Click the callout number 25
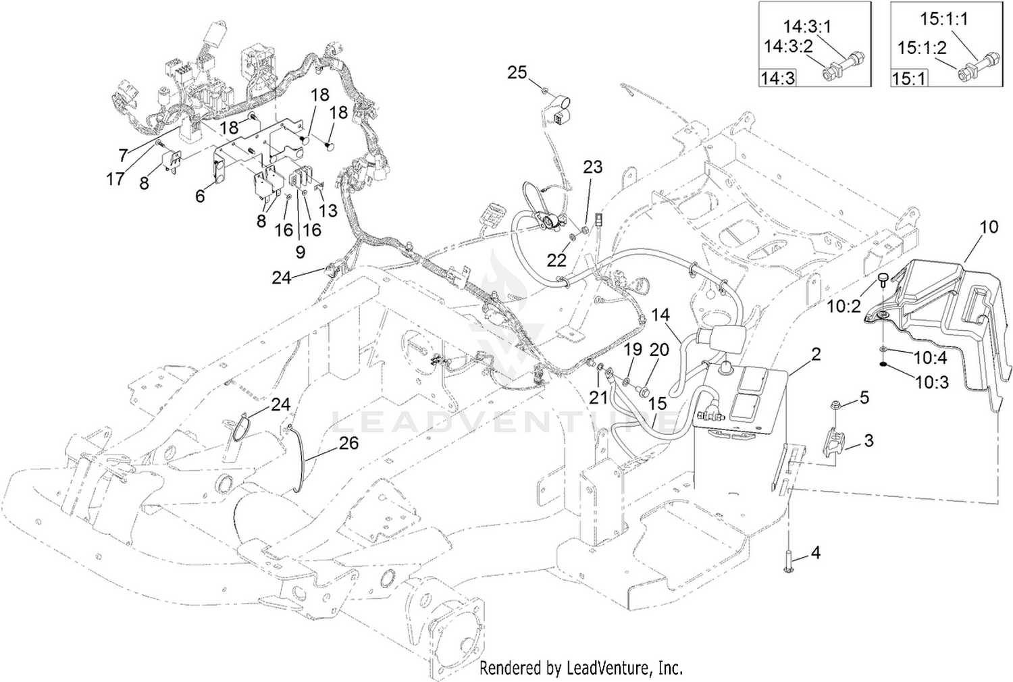pos(517,72)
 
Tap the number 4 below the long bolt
pos(815,552)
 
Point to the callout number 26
pos(348,443)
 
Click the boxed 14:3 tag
pos(777,78)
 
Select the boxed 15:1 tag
pos(909,78)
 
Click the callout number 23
pos(593,167)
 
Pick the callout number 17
pos(115,179)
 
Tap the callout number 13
pos(328,210)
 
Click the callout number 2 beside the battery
pos(815,354)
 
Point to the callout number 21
pos(598,397)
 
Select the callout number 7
pos(124,155)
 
